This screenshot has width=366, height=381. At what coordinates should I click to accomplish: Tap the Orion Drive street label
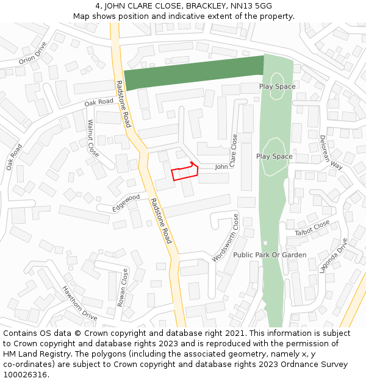(32, 53)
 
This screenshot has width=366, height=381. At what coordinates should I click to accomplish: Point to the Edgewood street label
(126, 204)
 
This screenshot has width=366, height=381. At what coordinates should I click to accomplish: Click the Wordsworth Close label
(225, 238)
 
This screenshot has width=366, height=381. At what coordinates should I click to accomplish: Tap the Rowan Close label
(123, 287)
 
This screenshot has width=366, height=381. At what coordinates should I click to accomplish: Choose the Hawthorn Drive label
(79, 303)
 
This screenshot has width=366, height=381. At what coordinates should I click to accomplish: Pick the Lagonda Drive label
(333, 255)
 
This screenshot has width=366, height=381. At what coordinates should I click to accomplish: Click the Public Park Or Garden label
(270, 255)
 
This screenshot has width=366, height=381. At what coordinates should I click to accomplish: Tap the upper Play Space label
(277, 87)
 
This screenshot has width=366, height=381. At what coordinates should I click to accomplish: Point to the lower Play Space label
(274, 157)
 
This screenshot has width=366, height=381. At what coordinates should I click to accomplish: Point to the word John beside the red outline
(221, 166)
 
